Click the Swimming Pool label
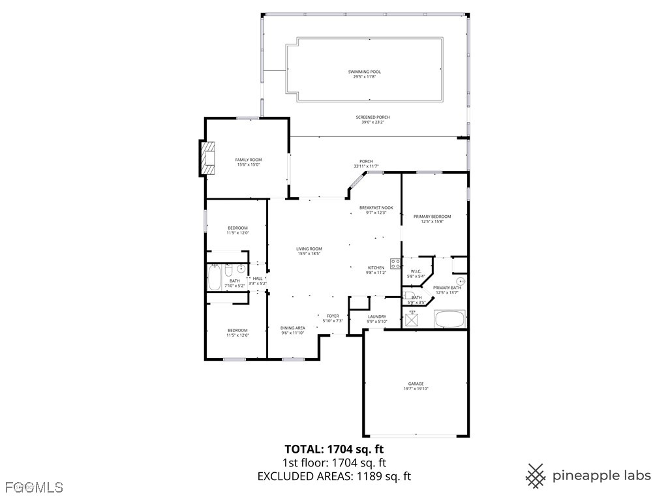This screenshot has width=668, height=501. pos(364,72)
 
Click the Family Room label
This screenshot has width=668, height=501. pos(248,160)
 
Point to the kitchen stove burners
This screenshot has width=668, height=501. pos(395,264)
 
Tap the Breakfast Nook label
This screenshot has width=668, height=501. pos(376,207)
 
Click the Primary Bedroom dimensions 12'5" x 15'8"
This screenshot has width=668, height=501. pos(432,222)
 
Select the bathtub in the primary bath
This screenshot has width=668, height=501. pos(450,320)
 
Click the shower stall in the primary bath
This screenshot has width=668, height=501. pos(412,320)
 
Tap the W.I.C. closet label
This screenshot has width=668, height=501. pos(416,271)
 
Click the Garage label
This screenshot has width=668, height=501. pos(416,384)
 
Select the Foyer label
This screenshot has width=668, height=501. pos(333,316)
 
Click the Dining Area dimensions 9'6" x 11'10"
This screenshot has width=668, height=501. pos(293,333)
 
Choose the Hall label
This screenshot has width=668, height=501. pos(258,279)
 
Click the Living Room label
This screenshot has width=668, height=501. pos(309,249)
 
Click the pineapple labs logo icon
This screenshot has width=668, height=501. pos(536,476)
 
